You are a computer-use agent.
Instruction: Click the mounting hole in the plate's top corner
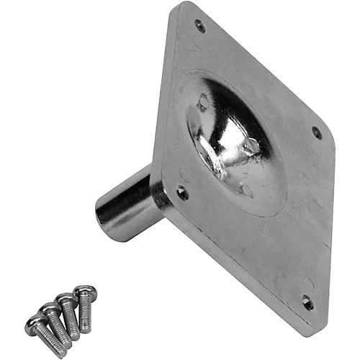tap(199, 26)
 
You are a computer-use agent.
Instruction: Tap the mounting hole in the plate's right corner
tap(317, 132)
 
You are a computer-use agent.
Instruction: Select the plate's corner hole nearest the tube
tap(183, 193)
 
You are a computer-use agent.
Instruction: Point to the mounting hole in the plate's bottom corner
tap(307, 303)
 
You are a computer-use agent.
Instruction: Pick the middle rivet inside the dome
tap(251, 147)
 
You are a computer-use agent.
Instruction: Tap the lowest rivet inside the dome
tap(246, 189)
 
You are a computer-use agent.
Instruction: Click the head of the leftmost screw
tap(35, 325)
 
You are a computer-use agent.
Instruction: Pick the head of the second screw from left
tap(51, 311)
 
